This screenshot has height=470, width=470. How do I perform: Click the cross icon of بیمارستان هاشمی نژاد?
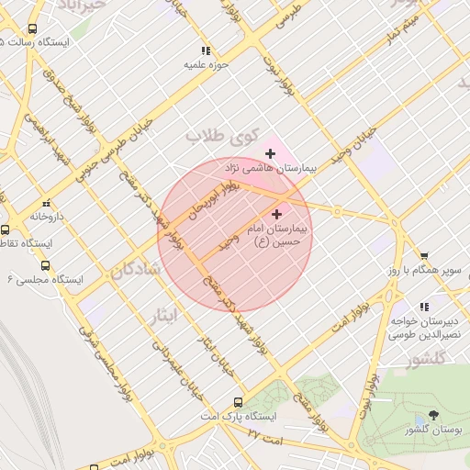pyautogui.click(x=270, y=153)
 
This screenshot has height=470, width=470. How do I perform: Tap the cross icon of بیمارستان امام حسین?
pyautogui.click(x=277, y=214)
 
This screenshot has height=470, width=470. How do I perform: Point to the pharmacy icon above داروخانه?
pyautogui.click(x=45, y=204)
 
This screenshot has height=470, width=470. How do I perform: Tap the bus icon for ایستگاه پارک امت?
pyautogui.click(x=239, y=402)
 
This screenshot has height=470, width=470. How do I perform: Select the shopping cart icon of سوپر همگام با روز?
pyautogui.click(x=424, y=256)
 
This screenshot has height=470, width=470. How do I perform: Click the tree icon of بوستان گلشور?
pyautogui.click(x=433, y=415)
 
